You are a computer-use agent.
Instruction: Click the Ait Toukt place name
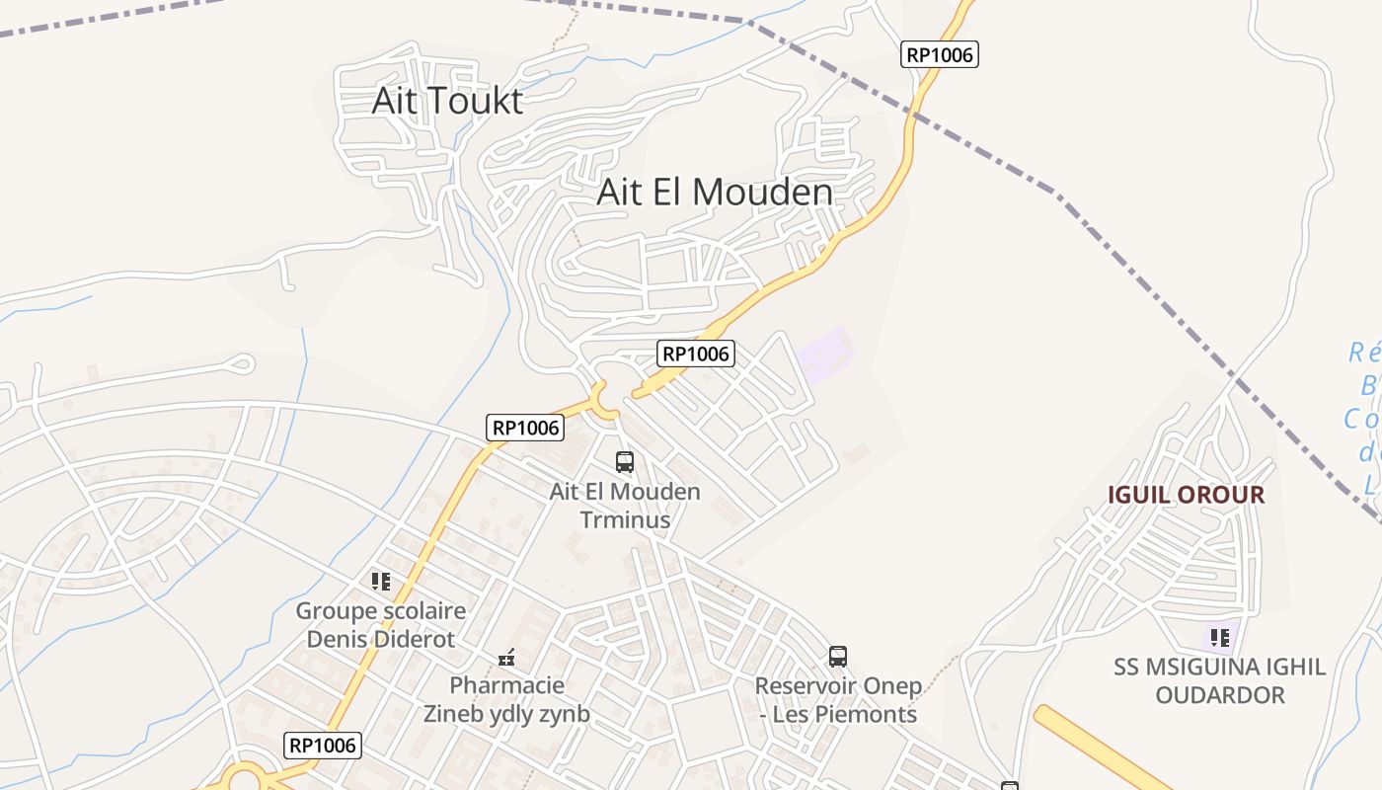click(x=447, y=101)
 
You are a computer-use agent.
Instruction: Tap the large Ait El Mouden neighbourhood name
click(x=714, y=193)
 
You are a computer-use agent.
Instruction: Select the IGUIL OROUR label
click(x=1186, y=495)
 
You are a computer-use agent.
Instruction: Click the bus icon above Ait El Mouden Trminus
click(x=625, y=461)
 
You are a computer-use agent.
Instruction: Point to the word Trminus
click(x=625, y=519)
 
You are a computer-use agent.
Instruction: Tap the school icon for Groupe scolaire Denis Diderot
click(x=381, y=581)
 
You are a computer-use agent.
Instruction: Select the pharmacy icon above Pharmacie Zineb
click(x=507, y=657)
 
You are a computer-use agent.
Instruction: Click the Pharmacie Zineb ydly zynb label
click(x=507, y=699)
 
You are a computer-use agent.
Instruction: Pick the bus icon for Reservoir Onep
click(x=838, y=656)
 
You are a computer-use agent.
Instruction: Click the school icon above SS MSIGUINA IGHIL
click(x=1220, y=637)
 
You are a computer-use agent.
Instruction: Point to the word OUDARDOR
click(x=1220, y=695)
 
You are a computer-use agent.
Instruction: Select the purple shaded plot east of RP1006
click(x=823, y=355)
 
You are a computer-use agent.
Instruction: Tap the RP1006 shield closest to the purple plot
click(x=697, y=353)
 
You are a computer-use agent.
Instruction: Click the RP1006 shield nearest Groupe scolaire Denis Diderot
click(x=323, y=745)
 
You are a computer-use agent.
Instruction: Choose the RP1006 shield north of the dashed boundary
click(x=941, y=54)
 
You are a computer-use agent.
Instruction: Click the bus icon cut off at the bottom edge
click(x=1010, y=786)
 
